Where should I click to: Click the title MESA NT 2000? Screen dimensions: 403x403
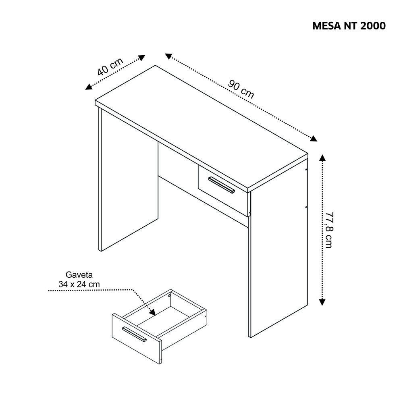pos(349,26)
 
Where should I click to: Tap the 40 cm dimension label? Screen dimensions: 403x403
pos(110,67)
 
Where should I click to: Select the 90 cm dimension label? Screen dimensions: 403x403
pos(241,89)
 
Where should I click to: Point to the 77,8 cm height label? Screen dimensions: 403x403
pos(329,230)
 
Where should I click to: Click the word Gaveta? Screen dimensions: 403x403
pos(79,275)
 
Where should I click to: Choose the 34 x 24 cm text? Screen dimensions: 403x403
pos(79,285)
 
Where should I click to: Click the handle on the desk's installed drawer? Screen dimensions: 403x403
pos(222,185)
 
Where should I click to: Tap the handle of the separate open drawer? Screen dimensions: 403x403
pos(134,334)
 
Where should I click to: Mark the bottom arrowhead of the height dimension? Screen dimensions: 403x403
pos(322,302)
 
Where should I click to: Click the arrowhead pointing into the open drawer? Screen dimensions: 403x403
pos(153,312)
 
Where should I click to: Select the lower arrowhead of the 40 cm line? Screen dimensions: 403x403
pos(89,87)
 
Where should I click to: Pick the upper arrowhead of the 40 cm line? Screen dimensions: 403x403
pos(142,58)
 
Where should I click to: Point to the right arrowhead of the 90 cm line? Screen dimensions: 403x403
pos(314,138)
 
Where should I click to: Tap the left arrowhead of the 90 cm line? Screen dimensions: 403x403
pos(168,56)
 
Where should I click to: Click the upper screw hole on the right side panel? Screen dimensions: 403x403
pos(306,169)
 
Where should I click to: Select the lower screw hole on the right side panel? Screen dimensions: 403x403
pos(306,207)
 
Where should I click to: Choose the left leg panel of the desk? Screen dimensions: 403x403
pos(129,179)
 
